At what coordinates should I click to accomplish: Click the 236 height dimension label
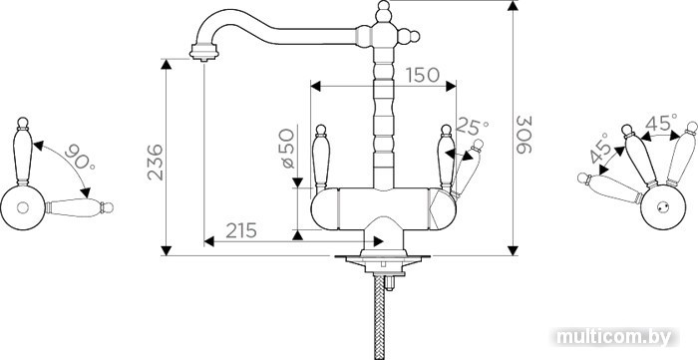156,163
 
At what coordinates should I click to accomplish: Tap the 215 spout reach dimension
241,230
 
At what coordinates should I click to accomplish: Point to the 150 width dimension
423,75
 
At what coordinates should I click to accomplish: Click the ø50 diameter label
288,149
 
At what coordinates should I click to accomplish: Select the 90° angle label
80,157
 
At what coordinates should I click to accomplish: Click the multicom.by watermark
614,337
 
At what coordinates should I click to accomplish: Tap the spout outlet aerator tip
203,52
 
